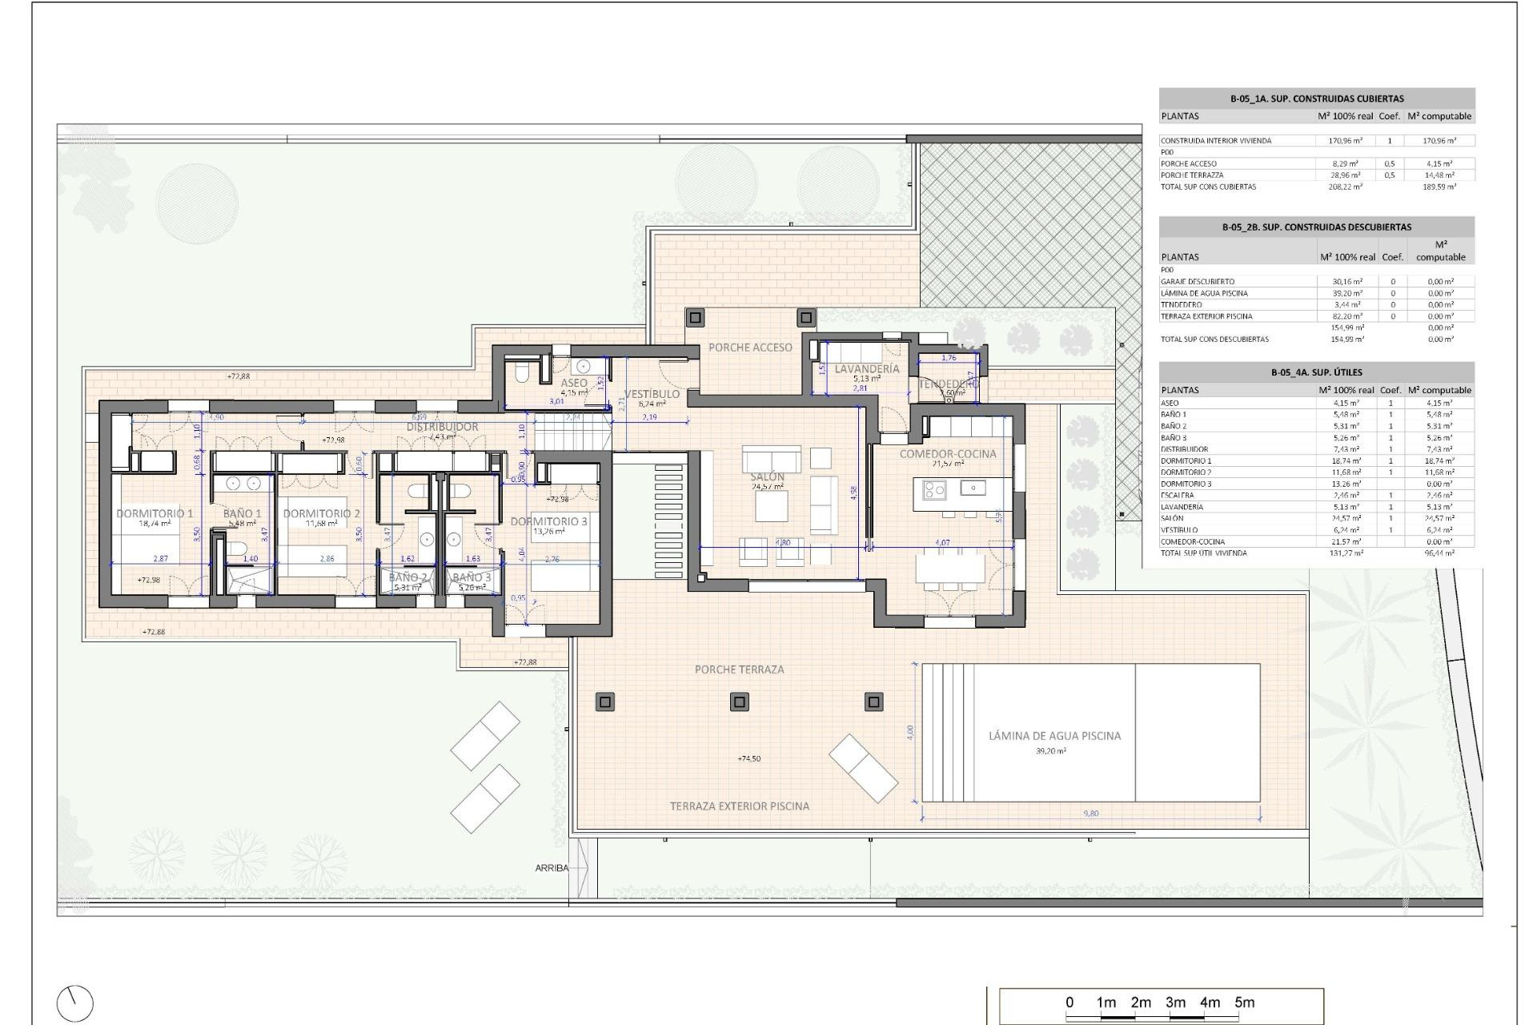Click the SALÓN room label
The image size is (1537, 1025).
[767, 476]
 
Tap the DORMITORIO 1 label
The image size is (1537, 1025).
[155, 513]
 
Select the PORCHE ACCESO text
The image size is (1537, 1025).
[750, 348]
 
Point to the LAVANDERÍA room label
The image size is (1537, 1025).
[866, 369]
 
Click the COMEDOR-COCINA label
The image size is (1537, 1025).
[948, 454]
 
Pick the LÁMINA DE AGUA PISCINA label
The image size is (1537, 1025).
[1054, 735]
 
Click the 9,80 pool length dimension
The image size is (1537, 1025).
[1090, 814]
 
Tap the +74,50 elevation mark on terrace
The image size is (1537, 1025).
[748, 758]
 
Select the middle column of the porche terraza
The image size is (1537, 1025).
[739, 702]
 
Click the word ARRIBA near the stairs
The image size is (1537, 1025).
[552, 868]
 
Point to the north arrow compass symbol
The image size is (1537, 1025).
[75, 1003]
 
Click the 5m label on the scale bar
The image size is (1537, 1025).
[1244, 1003]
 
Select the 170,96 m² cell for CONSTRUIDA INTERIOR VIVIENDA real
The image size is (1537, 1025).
[1346, 141]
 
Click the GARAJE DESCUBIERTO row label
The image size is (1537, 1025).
[1198, 282]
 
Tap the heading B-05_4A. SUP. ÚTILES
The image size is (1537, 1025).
[1316, 372]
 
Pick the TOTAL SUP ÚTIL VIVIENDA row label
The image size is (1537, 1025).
[1203, 553]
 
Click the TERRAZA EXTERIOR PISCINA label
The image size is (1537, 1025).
[739, 806]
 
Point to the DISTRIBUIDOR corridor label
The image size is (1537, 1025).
[442, 427]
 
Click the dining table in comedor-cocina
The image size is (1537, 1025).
[950, 568]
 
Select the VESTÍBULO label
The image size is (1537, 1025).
[652, 394]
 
